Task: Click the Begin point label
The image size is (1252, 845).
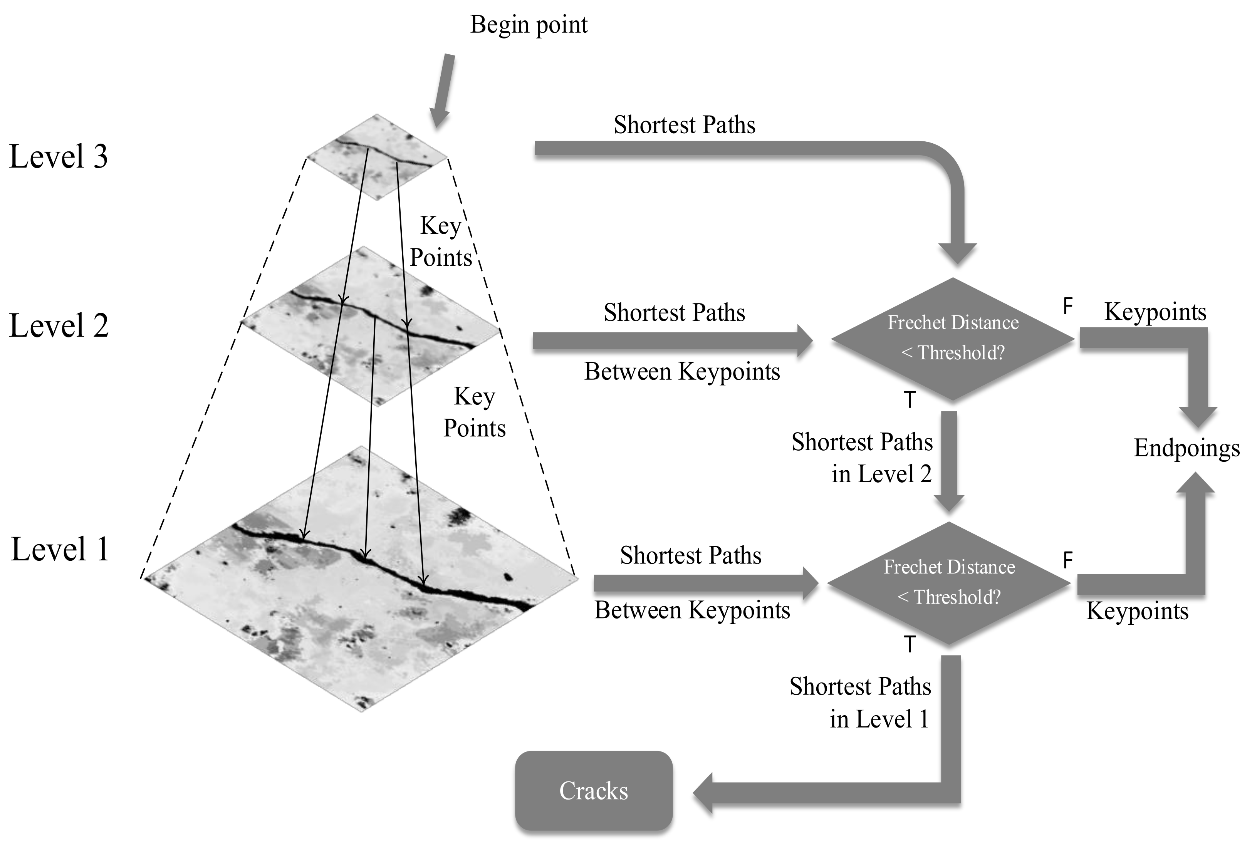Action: [x=529, y=25]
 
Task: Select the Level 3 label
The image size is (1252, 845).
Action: [x=58, y=157]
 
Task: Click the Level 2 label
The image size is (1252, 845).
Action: [x=59, y=325]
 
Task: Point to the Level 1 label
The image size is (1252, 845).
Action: [x=60, y=549]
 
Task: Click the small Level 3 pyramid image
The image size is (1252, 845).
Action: [x=377, y=157]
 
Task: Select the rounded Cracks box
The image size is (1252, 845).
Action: [x=594, y=791]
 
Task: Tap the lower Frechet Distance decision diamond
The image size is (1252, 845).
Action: [x=949, y=583]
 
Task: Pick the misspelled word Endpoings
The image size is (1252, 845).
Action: [x=1186, y=448]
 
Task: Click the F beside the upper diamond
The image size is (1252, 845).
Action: [x=1067, y=307]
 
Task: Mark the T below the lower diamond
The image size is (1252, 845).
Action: [x=910, y=644]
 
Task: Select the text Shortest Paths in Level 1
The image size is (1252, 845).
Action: [x=860, y=702]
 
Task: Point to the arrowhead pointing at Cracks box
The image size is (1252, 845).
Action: [x=703, y=792]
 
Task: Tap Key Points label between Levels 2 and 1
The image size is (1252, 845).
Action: [x=474, y=412]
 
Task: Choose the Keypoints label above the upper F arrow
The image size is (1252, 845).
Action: [x=1155, y=312]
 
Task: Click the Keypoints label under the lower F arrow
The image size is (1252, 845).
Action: [x=1137, y=611]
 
